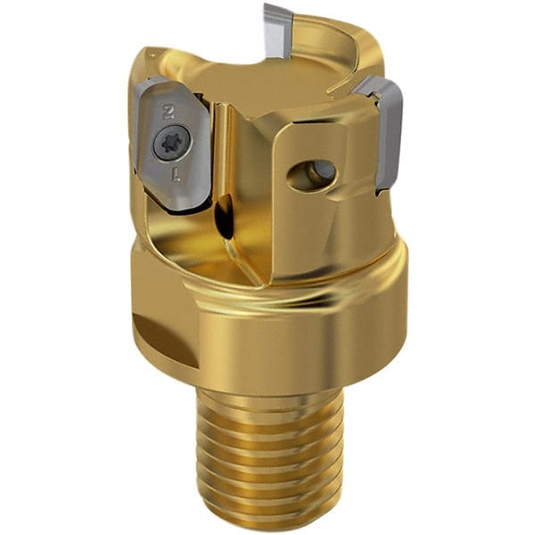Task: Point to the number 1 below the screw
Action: click(x=176, y=174)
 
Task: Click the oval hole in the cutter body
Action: click(x=312, y=173)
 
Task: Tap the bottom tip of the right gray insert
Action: click(x=382, y=188)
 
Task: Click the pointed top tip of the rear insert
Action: click(x=270, y=8)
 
